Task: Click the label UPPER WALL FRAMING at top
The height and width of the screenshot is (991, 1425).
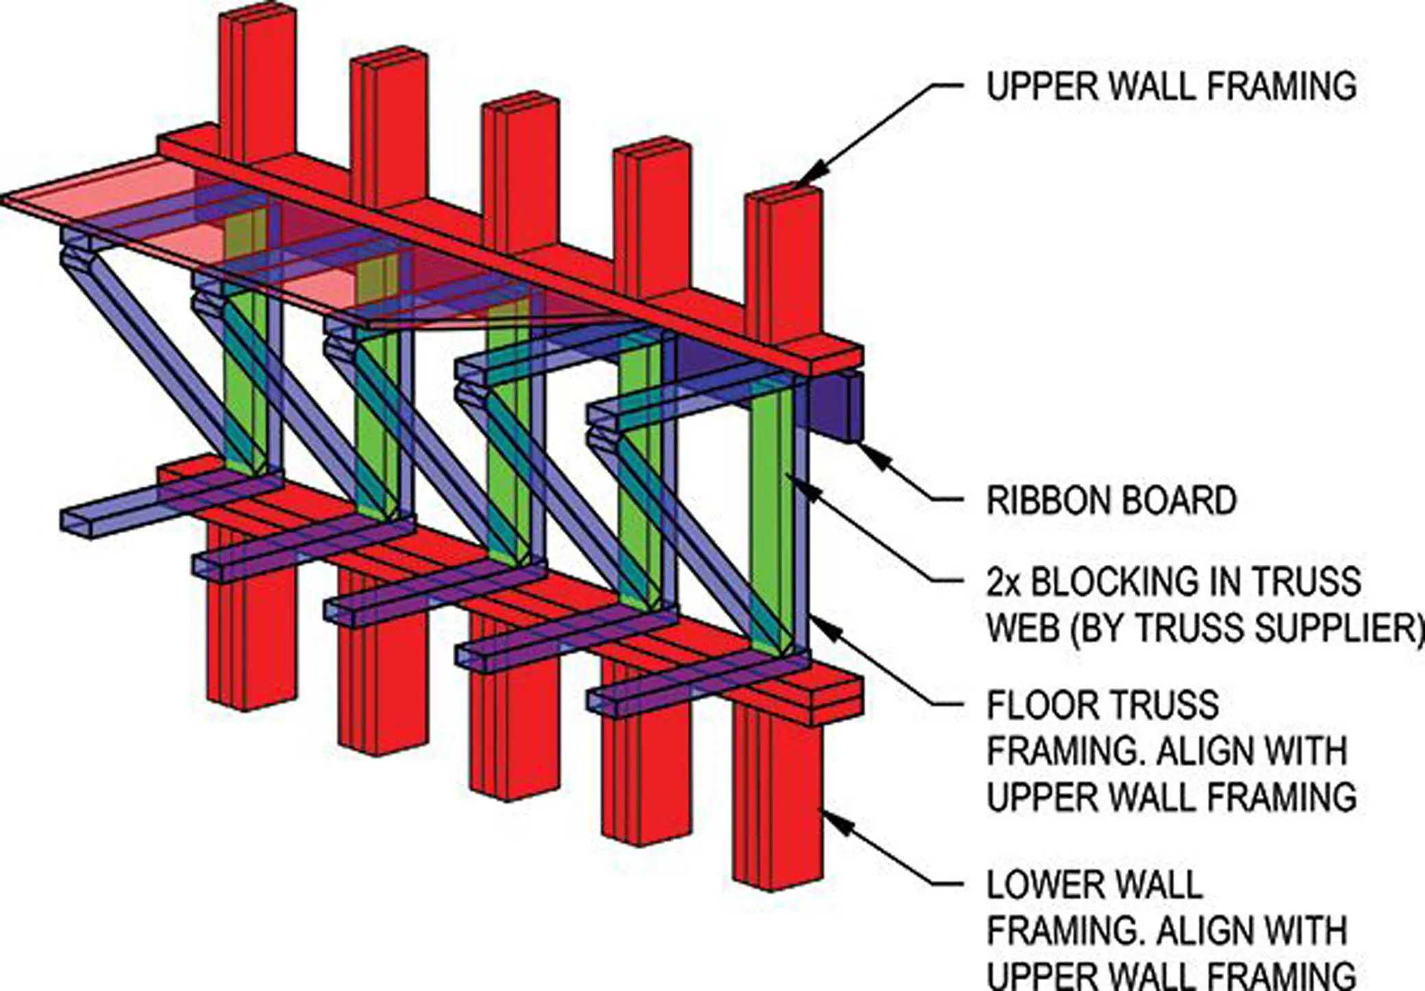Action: click(1172, 86)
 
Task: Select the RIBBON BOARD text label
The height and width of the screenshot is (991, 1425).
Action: click(1111, 500)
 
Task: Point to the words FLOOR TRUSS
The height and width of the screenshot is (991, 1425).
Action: click(1103, 705)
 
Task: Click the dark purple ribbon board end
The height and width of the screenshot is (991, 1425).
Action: click(836, 407)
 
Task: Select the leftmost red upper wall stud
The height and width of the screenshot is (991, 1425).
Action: click(257, 82)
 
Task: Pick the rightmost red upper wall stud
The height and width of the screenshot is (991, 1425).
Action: click(783, 264)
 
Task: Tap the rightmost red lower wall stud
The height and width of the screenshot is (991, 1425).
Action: click(777, 795)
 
